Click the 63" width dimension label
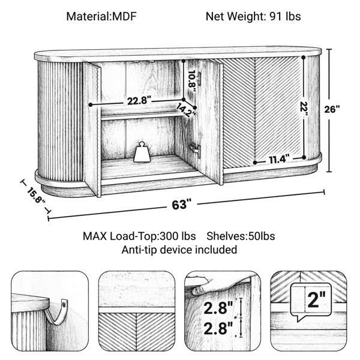pos(181,205)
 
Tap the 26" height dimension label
pos(332,109)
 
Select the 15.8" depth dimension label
pos(36,196)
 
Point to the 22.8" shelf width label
pos(139,101)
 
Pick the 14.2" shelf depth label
pos(186,110)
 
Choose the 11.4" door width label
pos(279,160)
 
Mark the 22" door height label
pos(304,107)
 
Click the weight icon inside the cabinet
pos(142,152)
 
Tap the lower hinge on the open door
pos(196,151)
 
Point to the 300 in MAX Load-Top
pos(169,236)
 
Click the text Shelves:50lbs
pos(241,236)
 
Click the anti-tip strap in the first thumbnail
pos(56,311)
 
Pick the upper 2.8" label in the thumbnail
pos(218,308)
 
